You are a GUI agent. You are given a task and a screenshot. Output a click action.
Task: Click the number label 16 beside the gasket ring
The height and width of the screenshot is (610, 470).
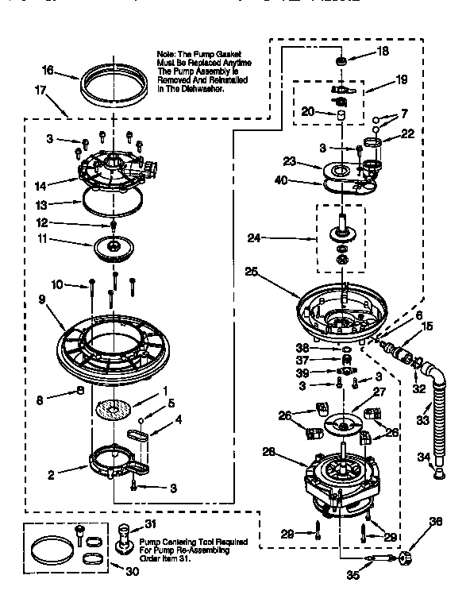pyautogui.click(x=48, y=71)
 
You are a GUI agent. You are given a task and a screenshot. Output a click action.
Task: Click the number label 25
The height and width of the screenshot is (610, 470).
pyautogui.click(x=251, y=271)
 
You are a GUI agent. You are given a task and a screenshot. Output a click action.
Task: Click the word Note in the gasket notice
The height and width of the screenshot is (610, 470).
pyautogui.click(x=167, y=54)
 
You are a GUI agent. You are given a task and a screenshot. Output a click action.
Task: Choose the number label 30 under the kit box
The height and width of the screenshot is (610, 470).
pyautogui.click(x=132, y=570)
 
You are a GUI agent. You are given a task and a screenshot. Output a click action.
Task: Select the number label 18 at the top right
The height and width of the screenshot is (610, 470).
pyautogui.click(x=383, y=52)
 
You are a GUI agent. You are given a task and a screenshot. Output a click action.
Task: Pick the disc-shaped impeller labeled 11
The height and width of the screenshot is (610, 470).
pyautogui.click(x=115, y=247)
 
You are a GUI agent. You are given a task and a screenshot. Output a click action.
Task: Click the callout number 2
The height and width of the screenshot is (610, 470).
pyautogui.click(x=50, y=475)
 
